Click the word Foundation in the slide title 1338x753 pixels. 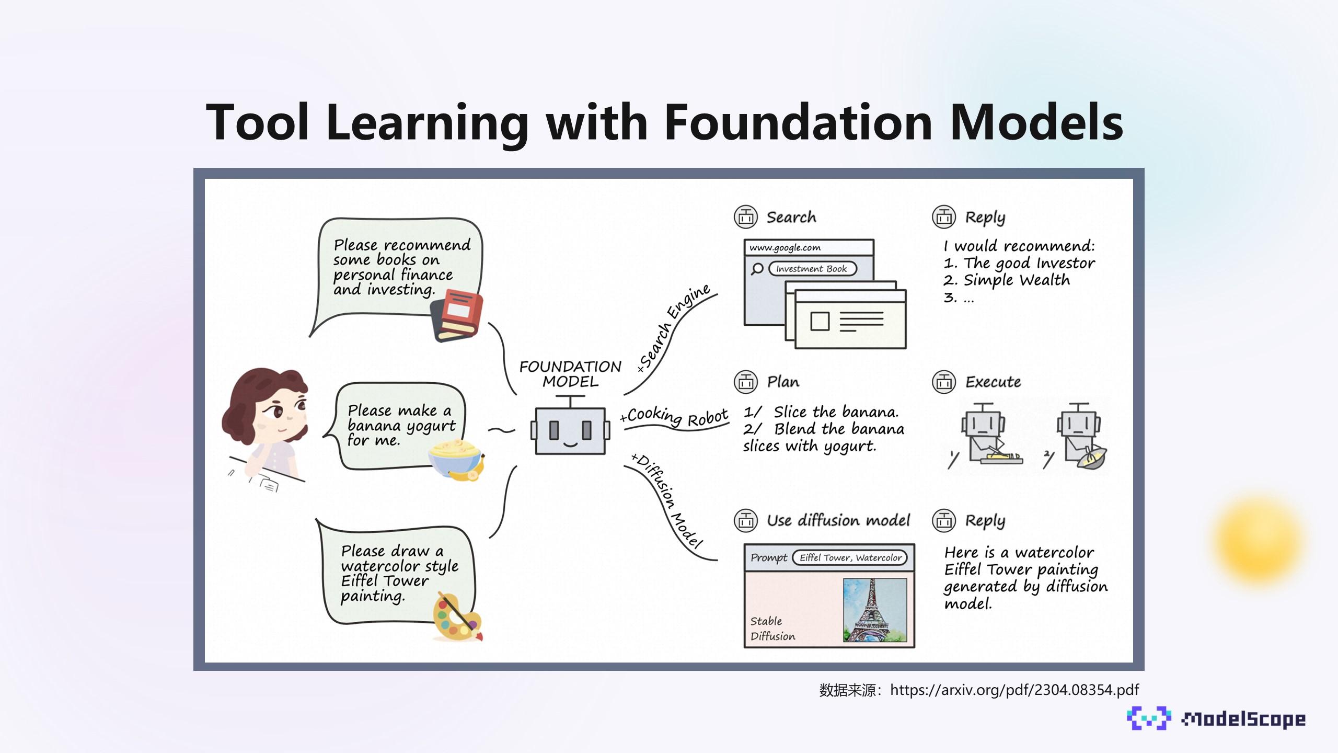tap(798, 122)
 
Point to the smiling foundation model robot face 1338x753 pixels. tap(570, 431)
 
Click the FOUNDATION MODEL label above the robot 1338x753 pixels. tap(570, 373)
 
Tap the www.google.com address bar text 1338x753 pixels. tap(785, 247)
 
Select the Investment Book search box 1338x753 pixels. tap(812, 269)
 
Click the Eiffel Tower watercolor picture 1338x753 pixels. tap(874, 610)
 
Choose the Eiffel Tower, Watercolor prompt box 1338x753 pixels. tap(850, 557)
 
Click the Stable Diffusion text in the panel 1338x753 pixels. tap(772, 628)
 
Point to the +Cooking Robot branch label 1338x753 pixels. tap(675, 417)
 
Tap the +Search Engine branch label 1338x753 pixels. tap(674, 328)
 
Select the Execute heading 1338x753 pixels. tap(993, 382)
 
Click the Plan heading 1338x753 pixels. tap(783, 382)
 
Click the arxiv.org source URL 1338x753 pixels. tap(1014, 690)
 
